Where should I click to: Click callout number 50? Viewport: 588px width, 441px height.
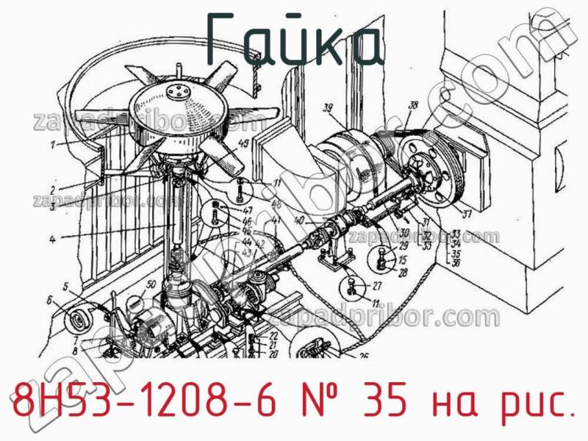click(150, 284)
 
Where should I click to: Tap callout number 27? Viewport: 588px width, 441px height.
click(376, 287)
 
